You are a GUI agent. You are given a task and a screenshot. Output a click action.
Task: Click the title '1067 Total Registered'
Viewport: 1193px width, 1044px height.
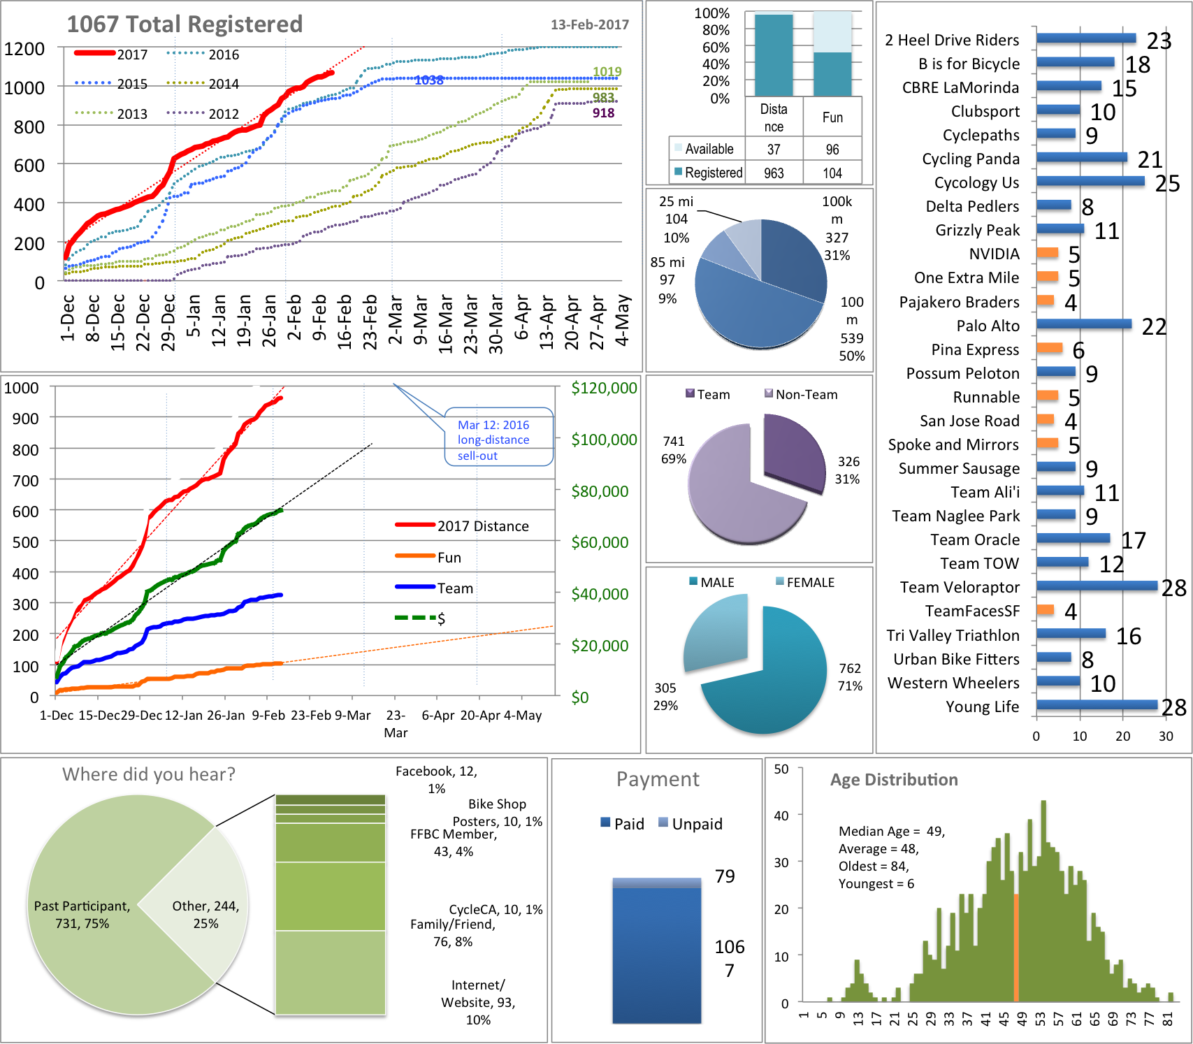click(185, 24)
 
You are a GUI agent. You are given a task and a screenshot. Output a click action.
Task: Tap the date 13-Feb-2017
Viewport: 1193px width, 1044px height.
click(589, 24)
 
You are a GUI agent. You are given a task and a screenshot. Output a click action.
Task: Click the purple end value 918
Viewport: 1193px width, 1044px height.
click(603, 113)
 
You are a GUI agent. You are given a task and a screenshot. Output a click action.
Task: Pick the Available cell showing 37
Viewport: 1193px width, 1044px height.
click(774, 149)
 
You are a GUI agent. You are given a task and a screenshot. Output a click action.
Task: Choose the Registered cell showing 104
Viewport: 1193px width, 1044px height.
click(832, 173)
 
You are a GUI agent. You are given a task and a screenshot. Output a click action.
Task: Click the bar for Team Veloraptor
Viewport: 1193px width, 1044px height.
click(1097, 586)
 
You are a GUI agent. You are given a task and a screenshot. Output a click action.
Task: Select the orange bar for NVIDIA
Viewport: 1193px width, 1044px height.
click(1047, 253)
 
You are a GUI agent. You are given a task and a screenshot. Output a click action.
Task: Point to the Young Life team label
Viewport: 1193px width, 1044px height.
click(982, 706)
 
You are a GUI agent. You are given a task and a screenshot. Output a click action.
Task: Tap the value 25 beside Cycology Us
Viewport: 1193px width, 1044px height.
click(1166, 184)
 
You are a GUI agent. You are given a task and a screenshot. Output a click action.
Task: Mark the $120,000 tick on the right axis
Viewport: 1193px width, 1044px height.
click(604, 389)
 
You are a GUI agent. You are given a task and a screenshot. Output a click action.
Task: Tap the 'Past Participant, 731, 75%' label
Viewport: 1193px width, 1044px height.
click(82, 915)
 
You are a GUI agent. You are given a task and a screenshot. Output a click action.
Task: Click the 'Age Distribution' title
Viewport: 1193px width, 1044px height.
click(894, 780)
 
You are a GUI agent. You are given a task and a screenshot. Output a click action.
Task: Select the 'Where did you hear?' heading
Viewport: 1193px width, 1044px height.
click(149, 774)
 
